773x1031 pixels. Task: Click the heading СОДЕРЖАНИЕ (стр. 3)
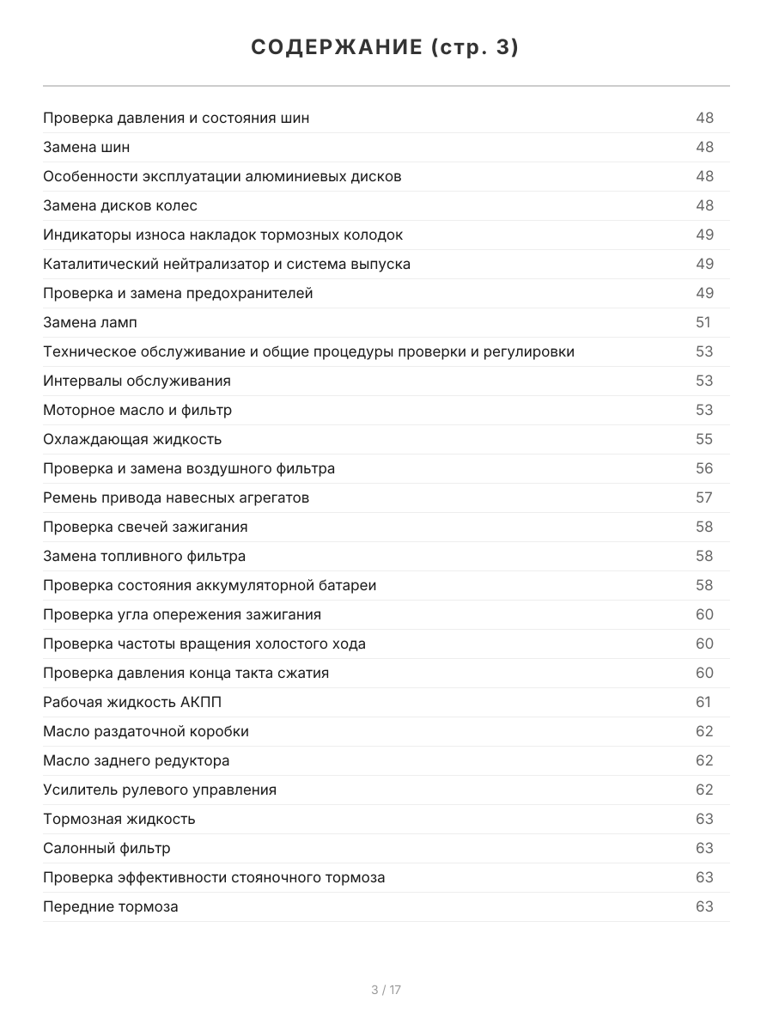tap(385, 48)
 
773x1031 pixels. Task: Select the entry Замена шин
tap(87, 147)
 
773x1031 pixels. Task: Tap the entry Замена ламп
tap(90, 322)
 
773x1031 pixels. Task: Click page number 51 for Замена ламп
tap(703, 322)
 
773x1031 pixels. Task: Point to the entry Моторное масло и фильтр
tap(137, 410)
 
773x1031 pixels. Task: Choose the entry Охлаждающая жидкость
tap(132, 439)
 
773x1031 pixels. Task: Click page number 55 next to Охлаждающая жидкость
tap(704, 439)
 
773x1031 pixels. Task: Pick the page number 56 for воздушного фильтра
tap(704, 468)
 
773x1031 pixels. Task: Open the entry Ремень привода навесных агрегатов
tap(176, 497)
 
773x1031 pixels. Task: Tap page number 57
tap(704, 497)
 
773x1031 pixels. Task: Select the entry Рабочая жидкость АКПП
tap(132, 702)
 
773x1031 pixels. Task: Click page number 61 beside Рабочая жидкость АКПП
tap(703, 702)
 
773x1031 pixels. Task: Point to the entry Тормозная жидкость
tap(119, 819)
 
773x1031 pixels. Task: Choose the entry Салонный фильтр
tap(107, 848)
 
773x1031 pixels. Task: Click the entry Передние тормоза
tap(111, 906)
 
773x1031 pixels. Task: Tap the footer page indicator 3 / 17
tap(386, 990)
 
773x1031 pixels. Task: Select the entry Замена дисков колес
tap(120, 205)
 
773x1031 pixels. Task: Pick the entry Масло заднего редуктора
tap(137, 760)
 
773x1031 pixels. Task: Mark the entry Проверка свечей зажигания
tap(145, 527)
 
